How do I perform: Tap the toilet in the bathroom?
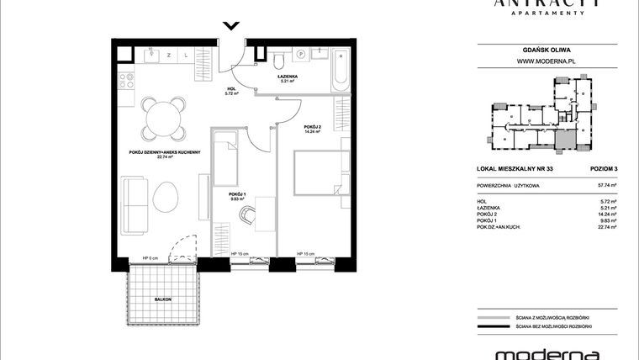277,59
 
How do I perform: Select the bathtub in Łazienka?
339,67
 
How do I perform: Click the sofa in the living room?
134,203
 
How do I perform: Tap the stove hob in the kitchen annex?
129,82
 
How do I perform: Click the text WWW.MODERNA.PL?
541,61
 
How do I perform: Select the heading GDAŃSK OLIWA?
541,48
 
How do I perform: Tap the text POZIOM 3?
600,169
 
